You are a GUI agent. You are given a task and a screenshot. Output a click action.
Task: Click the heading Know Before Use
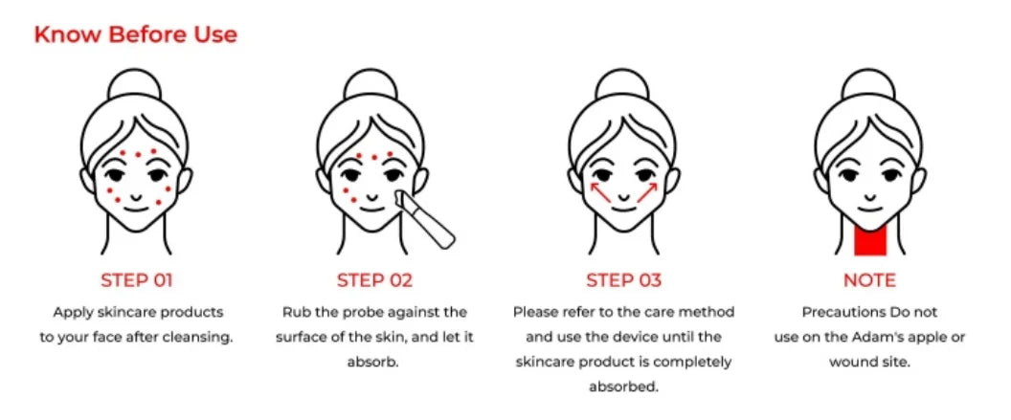pyautogui.click(x=135, y=35)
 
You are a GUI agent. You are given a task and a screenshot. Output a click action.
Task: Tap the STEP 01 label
pyautogui.click(x=136, y=280)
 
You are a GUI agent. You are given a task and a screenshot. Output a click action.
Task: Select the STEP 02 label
pyautogui.click(x=374, y=280)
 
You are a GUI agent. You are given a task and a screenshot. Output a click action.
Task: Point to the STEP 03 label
pyautogui.click(x=623, y=280)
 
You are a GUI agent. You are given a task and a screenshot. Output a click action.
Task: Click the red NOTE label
pyautogui.click(x=869, y=280)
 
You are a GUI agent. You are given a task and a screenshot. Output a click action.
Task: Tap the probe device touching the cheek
pyautogui.click(x=425, y=220)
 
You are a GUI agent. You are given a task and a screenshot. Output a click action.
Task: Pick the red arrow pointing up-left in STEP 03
pyautogui.click(x=601, y=194)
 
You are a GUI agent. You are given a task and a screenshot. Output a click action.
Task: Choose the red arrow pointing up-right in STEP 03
pyautogui.click(x=646, y=194)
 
